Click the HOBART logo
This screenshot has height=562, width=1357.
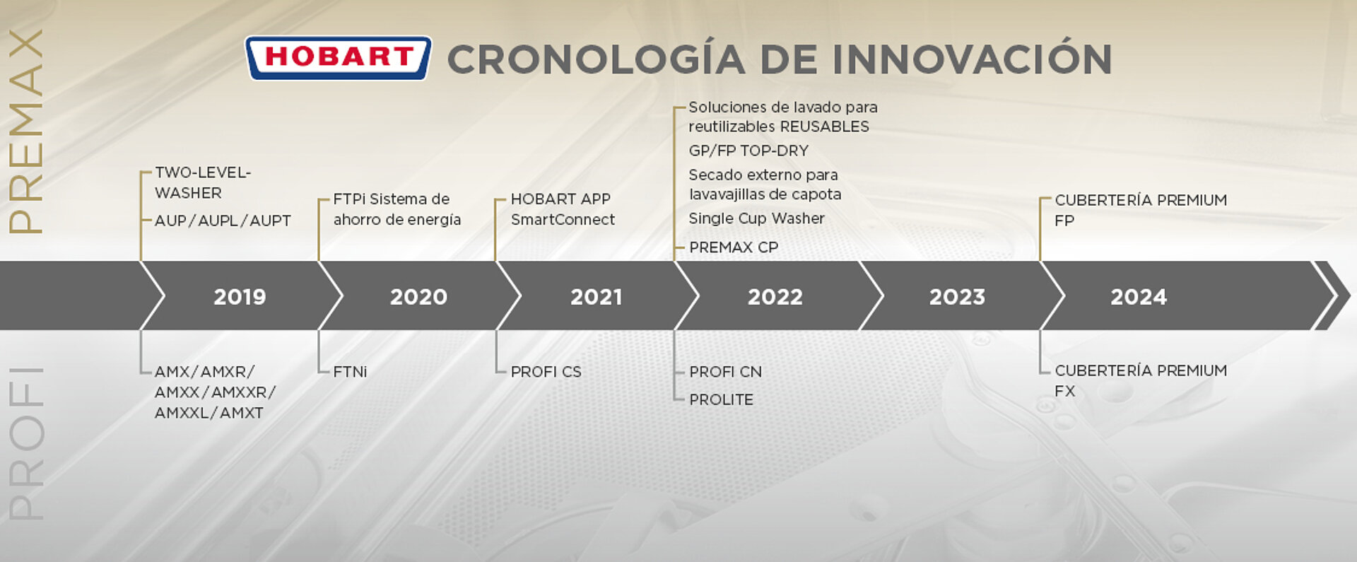coord(338,58)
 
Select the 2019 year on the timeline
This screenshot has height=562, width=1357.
coord(240,297)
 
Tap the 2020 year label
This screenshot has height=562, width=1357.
coord(418,297)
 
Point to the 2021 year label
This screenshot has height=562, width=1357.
coord(597,297)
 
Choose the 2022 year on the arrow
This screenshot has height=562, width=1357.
coord(775,297)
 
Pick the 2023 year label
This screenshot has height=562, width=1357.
coord(957,297)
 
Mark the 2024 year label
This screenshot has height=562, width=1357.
coord(1139,297)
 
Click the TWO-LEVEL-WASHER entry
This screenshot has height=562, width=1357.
coord(203,182)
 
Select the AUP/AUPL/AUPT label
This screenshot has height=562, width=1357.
coord(223,221)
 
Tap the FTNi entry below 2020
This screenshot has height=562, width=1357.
coord(350,372)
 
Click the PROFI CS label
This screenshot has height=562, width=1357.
coord(546,372)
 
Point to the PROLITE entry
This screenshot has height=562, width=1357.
coord(721,399)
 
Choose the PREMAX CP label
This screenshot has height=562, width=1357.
coord(734,247)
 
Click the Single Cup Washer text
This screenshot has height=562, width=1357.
coord(756,218)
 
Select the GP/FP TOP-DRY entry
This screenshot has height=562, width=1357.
coord(748,151)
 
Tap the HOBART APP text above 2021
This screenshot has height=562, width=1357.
coord(560,199)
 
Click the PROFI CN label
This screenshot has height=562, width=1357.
coord(725,372)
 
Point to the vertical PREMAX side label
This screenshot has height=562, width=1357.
coord(26,131)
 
